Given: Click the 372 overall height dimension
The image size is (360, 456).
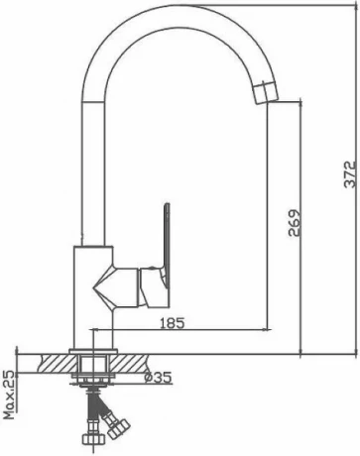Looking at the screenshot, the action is click(350, 174).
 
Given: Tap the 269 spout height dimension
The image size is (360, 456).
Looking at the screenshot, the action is click(295, 222).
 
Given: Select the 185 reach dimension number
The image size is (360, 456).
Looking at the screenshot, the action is click(172, 323).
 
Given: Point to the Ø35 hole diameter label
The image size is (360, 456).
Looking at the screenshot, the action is click(159, 377).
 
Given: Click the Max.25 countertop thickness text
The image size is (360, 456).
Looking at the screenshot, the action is click(10, 395).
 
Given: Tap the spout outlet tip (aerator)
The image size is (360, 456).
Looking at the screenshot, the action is click(266, 93).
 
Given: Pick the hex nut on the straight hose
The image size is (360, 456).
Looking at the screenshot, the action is click(93, 439).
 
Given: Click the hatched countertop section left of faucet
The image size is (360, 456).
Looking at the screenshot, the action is click(57, 363).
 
